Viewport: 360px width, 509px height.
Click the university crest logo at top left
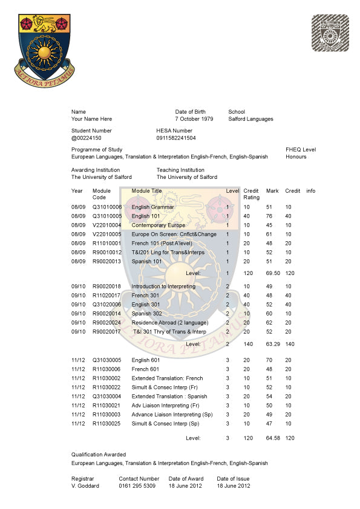44,46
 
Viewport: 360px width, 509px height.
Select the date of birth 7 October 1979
194,119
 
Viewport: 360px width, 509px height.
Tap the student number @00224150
87,138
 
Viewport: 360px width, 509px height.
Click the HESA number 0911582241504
176,138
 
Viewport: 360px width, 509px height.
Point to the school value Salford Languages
250,119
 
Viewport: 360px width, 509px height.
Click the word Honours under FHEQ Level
296,157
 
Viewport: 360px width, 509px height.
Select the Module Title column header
147,191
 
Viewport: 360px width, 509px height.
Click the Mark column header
272,191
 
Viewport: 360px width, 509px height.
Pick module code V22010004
107,225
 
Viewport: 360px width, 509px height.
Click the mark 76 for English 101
269,216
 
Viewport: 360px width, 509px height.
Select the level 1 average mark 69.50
271,274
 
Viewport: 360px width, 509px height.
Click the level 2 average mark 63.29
271,344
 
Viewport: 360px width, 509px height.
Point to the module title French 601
145,369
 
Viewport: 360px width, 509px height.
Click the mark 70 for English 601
269,360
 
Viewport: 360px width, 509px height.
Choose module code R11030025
107,423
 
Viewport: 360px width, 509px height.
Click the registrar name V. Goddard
85,486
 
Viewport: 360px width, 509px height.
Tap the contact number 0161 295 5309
137,486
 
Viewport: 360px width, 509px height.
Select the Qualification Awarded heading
99,454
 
